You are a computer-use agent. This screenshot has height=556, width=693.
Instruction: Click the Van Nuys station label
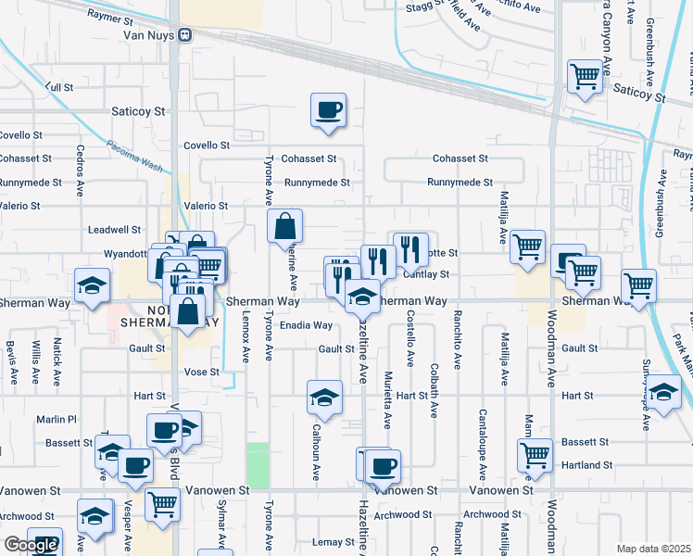click(150, 35)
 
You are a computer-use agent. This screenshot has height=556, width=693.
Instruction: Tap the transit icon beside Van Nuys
click(185, 35)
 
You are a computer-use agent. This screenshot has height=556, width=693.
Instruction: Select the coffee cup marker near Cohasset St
click(328, 111)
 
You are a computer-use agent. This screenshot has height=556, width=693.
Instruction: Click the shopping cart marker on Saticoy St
click(585, 79)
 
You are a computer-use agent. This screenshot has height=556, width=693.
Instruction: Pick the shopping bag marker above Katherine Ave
click(284, 226)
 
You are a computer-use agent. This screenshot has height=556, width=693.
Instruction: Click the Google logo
click(31, 545)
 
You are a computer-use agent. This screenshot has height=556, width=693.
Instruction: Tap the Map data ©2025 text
click(654, 549)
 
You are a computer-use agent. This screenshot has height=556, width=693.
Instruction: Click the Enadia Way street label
click(306, 325)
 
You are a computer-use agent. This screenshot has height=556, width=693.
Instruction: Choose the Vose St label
click(201, 372)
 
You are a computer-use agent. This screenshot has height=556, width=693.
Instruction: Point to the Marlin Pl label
click(57, 419)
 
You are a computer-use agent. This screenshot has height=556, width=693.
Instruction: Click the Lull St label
click(58, 86)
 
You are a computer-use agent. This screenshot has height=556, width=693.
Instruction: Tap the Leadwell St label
click(114, 229)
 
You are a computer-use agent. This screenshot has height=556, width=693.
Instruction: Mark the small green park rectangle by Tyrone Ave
click(258, 465)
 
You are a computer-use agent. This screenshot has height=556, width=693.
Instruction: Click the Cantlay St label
click(426, 274)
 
